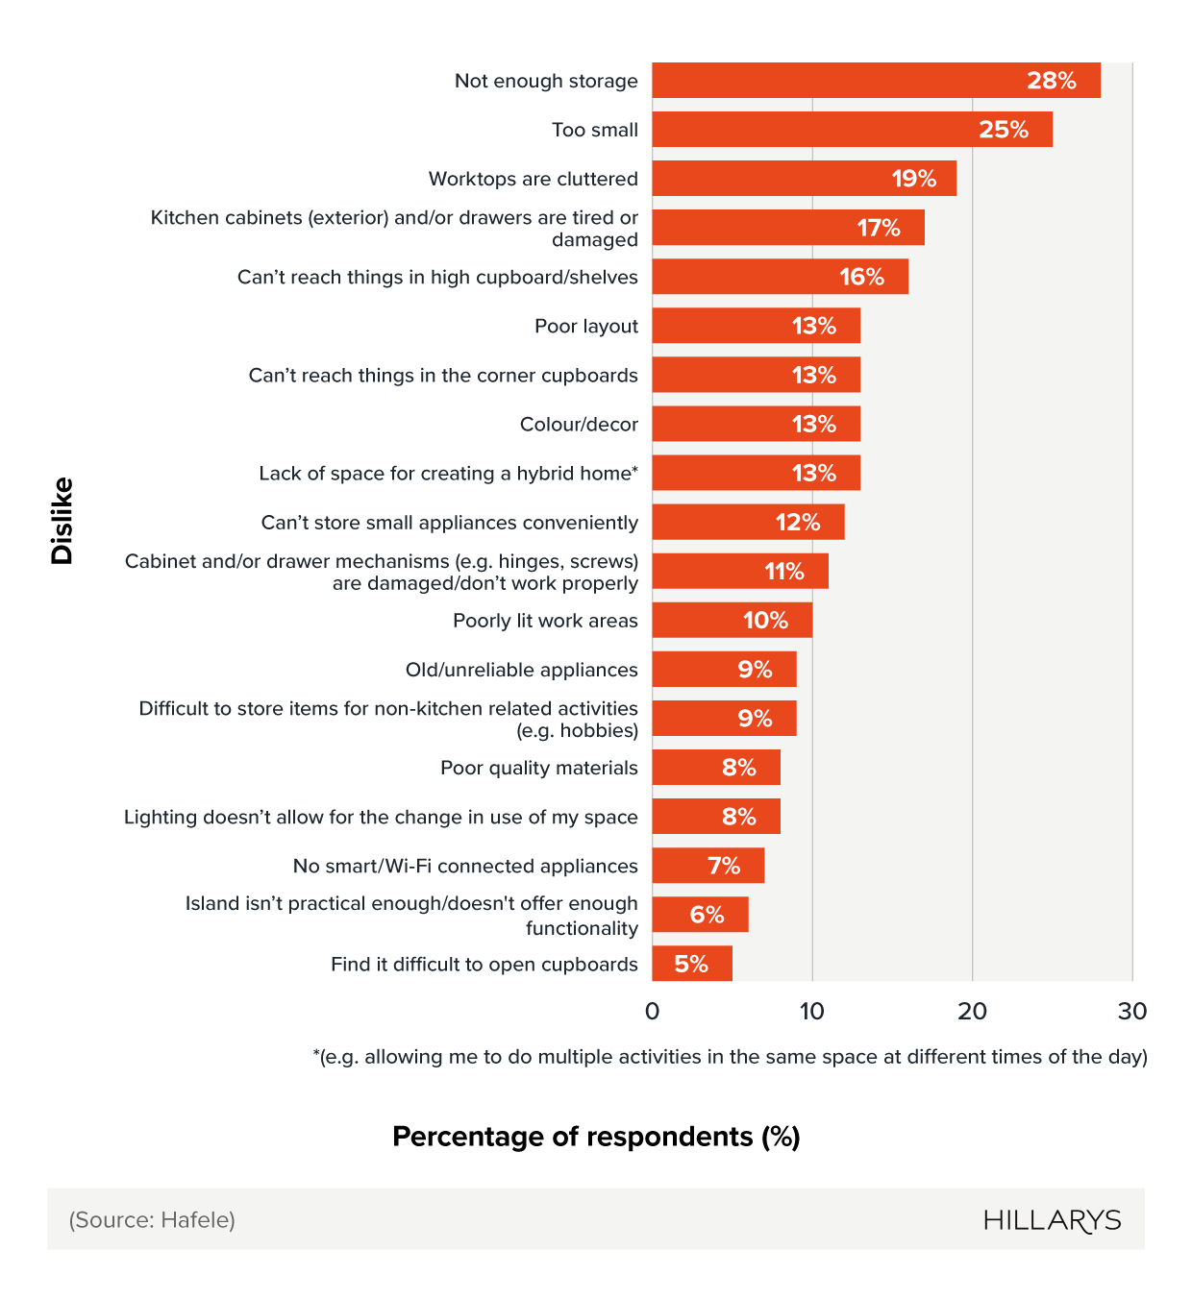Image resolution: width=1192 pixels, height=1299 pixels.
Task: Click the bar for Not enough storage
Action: coord(875,81)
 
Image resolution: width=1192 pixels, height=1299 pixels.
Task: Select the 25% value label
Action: coord(1004,130)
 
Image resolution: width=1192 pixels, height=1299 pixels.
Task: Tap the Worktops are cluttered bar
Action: coord(803,179)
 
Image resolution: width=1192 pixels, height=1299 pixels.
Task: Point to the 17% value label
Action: coord(879,228)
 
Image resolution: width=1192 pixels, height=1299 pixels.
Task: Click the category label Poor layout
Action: coord(585,327)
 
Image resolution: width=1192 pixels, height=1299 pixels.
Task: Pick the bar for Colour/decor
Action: coord(755,424)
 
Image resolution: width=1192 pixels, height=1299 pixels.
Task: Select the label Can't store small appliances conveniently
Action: coord(449,523)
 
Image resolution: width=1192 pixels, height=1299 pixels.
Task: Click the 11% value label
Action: coord(783,572)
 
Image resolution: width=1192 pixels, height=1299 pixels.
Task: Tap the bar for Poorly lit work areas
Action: coord(732,621)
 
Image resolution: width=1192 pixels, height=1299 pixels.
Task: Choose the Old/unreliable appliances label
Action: coord(521,670)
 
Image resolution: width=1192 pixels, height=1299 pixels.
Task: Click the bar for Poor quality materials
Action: coord(715,768)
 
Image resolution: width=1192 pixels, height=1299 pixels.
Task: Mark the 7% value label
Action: coord(724,866)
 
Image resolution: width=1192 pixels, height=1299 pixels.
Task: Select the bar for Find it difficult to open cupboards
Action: coord(691,964)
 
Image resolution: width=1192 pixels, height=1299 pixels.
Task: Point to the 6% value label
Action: coord(707,915)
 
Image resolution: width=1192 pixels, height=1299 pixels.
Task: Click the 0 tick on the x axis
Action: coord(652,1011)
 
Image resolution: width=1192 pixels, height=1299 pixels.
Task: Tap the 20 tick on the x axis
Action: coord(972,1011)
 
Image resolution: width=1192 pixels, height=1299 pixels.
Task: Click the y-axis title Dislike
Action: coord(62,521)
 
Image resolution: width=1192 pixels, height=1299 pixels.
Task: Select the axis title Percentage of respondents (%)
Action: coord(596,1137)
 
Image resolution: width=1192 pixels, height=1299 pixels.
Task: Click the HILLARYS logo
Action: coord(1052,1220)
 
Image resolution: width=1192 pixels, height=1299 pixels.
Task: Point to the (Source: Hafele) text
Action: coord(152,1220)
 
